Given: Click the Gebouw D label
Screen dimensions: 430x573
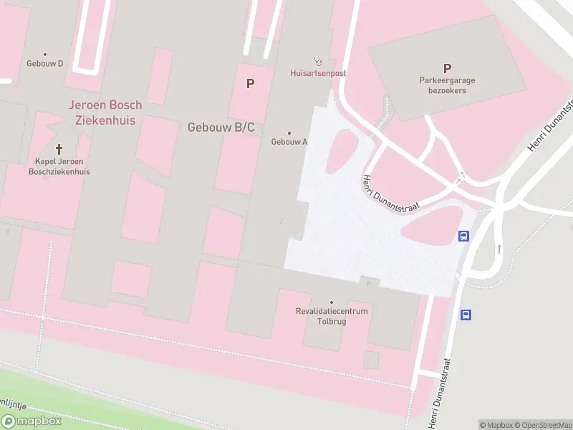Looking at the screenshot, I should (45, 63).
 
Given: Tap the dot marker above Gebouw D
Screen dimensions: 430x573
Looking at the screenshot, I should (45, 54).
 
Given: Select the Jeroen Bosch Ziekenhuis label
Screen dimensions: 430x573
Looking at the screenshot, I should (105, 113).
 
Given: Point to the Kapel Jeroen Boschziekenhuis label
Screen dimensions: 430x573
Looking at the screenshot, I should (59, 166).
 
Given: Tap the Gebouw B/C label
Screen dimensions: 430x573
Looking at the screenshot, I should (221, 128).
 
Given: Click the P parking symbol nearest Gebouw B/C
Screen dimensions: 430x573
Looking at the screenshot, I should (250, 83).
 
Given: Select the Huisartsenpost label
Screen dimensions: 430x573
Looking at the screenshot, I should (318, 73).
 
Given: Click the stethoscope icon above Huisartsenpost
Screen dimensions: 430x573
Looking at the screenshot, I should (318, 61).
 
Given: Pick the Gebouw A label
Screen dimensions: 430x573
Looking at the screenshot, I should (289, 142).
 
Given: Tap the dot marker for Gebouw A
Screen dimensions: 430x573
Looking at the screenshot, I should (289, 133).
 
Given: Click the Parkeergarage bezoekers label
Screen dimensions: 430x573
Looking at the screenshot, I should (447, 85).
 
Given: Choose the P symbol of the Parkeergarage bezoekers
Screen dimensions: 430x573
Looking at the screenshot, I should (447, 69).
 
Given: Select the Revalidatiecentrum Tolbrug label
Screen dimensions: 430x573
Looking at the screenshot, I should (332, 316).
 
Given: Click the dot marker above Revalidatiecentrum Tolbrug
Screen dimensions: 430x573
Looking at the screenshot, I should (332, 302).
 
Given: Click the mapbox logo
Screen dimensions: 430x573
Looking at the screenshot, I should (32, 421).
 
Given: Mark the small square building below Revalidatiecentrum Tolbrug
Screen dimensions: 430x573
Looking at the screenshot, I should (371, 360).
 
